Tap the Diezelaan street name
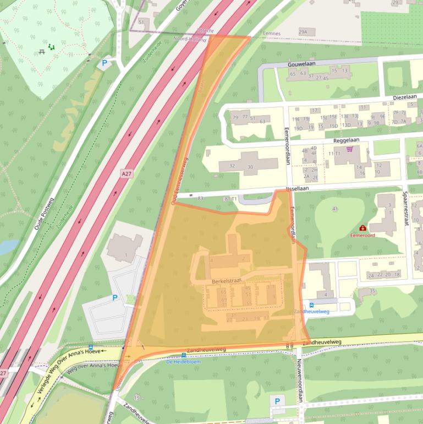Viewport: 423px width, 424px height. pyautogui.click(x=404, y=96)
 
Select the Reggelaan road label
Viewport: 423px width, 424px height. pyautogui.click(x=346, y=140)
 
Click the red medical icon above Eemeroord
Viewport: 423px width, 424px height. pyautogui.click(x=362, y=227)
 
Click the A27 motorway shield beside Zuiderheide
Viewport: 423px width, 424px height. pyautogui.click(x=127, y=173)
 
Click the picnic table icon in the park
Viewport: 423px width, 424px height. pyautogui.click(x=42, y=51)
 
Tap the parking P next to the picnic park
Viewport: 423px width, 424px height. pyautogui.click(x=103, y=63)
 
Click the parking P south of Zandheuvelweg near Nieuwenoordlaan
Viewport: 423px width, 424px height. pyautogui.click(x=277, y=401)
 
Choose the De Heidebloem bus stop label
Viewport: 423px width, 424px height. pyautogui.click(x=183, y=362)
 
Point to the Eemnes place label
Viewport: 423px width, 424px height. pyautogui.click(x=272, y=34)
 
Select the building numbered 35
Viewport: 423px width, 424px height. pyautogui.click(x=372, y=291)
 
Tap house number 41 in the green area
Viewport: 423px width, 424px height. pyautogui.click(x=334, y=209)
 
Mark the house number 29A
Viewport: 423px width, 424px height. pyautogui.click(x=303, y=32)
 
